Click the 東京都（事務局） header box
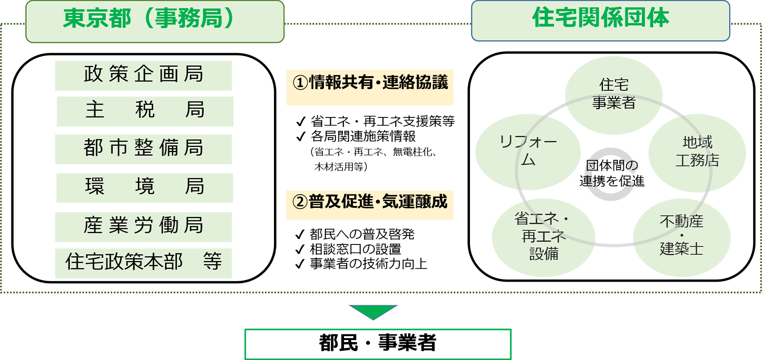(155, 21)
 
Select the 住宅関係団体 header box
(600, 20)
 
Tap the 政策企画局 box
(144, 75)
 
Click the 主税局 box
(145, 111)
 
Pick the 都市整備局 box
(144, 149)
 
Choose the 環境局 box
(145, 188)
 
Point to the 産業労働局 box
(144, 227)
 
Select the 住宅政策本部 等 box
(144, 263)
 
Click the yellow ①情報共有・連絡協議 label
(370, 87)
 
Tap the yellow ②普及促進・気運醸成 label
(370, 204)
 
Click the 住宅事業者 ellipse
(614, 94)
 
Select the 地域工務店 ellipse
(697, 152)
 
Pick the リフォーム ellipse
(528, 151)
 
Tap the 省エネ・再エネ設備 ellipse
(543, 237)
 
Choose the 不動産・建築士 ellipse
(681, 236)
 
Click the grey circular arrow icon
(612, 174)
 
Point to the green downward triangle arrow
(373, 311)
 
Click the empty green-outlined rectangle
(378, 344)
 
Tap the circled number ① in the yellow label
(300, 83)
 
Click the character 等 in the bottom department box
(212, 261)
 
